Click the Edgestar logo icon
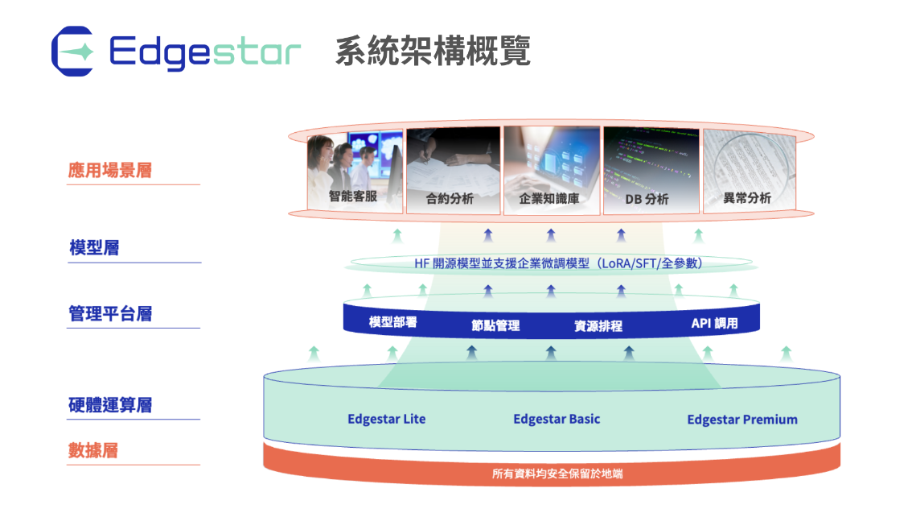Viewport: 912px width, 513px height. [x=72, y=52]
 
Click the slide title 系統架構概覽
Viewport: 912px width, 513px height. [x=433, y=52]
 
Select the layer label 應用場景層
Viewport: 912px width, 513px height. [x=110, y=170]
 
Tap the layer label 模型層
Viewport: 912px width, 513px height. [x=94, y=247]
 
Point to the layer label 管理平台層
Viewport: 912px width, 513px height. [x=110, y=314]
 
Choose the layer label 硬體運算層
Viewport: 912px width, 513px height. [x=110, y=405]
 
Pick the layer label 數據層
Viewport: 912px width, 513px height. [x=93, y=450]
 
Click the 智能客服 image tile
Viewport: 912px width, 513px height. [x=355, y=171]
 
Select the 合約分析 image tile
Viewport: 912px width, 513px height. [x=453, y=170]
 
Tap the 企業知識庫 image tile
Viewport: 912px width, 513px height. [x=552, y=170]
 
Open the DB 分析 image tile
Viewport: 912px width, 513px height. [x=651, y=170]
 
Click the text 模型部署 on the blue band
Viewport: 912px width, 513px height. [x=392, y=322]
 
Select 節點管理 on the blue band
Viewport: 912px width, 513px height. [x=495, y=325]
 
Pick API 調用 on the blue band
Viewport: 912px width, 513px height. [x=714, y=323]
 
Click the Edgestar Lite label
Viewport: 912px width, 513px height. [x=386, y=420]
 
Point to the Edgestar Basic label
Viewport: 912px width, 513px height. [x=557, y=420]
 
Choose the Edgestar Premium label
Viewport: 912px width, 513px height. [x=742, y=420]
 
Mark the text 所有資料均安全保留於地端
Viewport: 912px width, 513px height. [x=557, y=474]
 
